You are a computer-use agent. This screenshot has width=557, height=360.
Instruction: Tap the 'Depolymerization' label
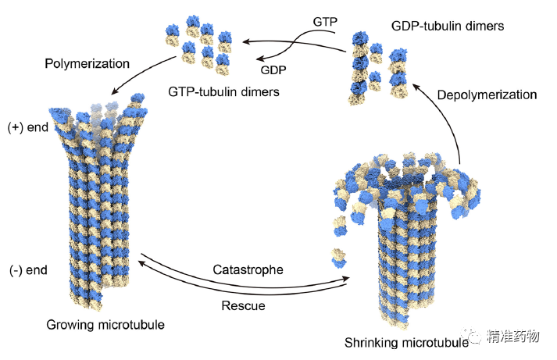(487, 94)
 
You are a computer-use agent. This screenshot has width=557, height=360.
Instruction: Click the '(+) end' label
(26, 127)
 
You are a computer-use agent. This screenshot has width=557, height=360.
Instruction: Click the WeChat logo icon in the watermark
(475, 337)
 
